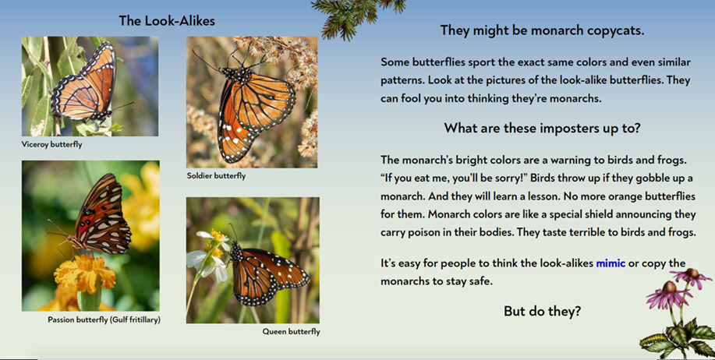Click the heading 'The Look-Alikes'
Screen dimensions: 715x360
tap(167, 21)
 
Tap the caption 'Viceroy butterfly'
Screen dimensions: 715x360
tap(52, 144)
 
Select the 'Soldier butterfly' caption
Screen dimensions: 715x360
tap(216, 176)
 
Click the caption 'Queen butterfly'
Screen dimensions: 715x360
tap(291, 332)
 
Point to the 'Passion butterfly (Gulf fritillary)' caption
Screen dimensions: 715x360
tap(104, 320)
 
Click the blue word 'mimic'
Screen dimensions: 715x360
tap(611, 263)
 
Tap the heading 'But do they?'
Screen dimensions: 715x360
tap(542, 311)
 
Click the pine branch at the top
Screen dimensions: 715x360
tap(356, 16)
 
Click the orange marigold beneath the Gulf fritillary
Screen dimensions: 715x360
tap(85, 273)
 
